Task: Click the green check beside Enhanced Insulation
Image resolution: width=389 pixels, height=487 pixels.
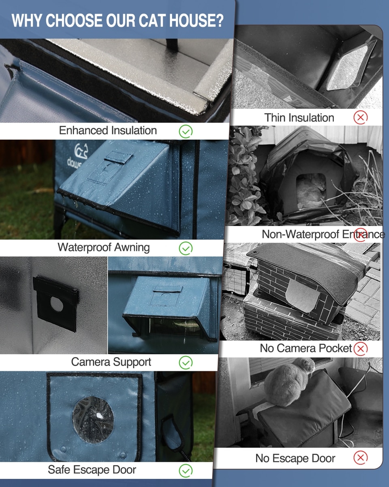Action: [186, 131]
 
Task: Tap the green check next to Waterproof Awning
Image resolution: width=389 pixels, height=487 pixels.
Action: [186, 248]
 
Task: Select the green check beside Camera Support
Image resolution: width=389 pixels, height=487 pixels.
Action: [186, 362]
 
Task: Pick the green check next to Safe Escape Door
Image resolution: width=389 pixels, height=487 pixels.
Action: [186, 471]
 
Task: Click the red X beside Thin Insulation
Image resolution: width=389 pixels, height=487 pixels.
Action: [361, 117]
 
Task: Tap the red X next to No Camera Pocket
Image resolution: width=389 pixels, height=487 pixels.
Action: [361, 349]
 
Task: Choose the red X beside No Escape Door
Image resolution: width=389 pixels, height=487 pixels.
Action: [361, 458]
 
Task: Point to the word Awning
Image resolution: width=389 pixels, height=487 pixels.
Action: [132, 248]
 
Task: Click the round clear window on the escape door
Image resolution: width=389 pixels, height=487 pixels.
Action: [93, 420]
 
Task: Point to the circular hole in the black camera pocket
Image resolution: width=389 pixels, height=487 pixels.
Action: [56, 304]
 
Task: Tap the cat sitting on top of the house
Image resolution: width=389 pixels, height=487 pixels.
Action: [289, 382]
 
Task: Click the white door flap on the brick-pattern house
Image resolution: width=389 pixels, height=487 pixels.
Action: [302, 295]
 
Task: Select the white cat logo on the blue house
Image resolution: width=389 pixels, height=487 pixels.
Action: [81, 151]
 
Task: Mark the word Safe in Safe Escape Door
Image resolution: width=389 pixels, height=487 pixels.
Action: [59, 470]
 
